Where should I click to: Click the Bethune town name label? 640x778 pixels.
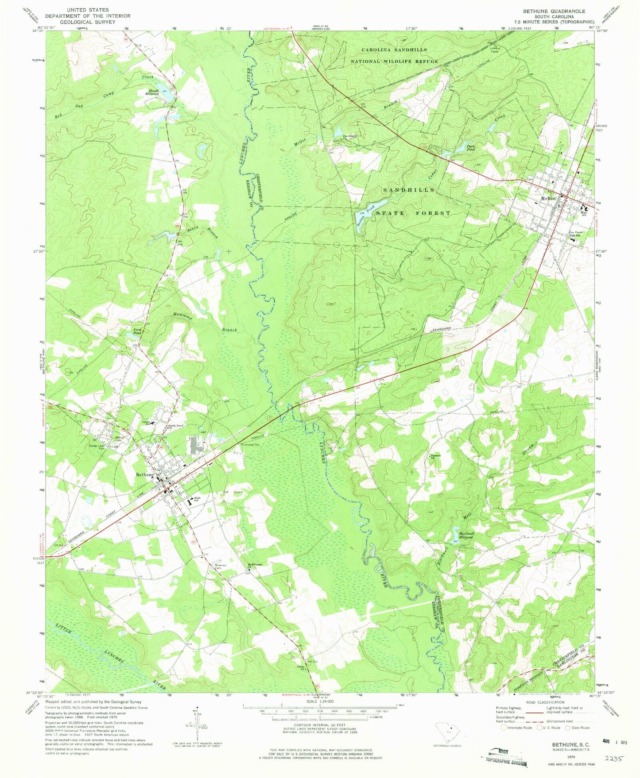[x=144, y=474]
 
